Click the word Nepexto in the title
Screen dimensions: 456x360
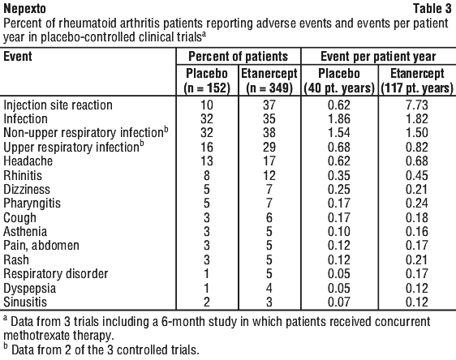pos(24,9)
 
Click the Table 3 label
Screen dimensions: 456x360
pos(432,8)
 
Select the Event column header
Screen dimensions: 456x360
pos(18,57)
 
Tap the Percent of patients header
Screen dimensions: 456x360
pos(239,57)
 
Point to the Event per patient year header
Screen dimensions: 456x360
pos(378,57)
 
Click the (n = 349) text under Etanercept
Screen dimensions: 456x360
pos(269,88)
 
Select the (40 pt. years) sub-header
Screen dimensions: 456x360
pos(339,88)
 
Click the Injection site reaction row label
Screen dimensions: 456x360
pos(58,105)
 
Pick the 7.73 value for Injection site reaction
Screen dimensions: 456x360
pos(417,105)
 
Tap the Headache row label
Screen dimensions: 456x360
pos(28,161)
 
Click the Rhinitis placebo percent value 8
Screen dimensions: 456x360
pos(206,175)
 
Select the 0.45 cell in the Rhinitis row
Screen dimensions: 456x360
pos(417,175)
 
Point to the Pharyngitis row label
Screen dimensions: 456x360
pos(32,204)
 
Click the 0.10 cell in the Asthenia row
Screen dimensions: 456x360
pos(339,232)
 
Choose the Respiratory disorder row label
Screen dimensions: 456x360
pos(55,274)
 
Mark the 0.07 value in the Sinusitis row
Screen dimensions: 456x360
pos(339,302)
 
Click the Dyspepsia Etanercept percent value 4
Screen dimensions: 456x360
pos(269,288)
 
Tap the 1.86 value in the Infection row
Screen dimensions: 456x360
pos(339,119)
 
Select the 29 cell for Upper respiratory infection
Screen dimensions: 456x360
pos(269,147)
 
